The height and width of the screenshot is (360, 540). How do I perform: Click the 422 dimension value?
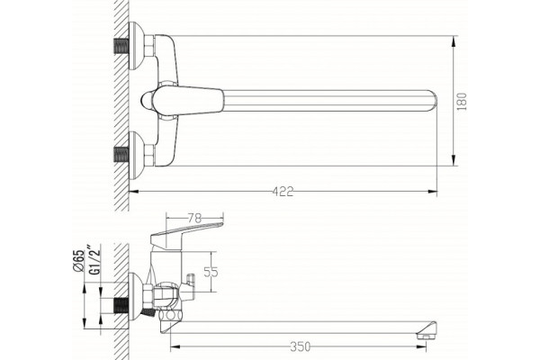[x=283, y=192]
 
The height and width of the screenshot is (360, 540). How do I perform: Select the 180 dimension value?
[x=462, y=102]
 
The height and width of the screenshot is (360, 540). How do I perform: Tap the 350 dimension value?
[x=300, y=346]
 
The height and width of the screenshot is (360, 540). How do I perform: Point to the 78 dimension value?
[x=194, y=218]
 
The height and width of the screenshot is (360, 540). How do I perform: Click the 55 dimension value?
[x=211, y=272]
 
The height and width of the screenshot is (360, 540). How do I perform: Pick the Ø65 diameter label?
[x=78, y=260]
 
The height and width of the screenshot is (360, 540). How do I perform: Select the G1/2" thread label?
[x=94, y=259]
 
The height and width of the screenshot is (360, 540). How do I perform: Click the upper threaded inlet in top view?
[x=121, y=46]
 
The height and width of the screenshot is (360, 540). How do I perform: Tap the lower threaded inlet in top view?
[x=121, y=156]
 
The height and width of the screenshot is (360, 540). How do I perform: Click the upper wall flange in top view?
[x=136, y=46]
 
